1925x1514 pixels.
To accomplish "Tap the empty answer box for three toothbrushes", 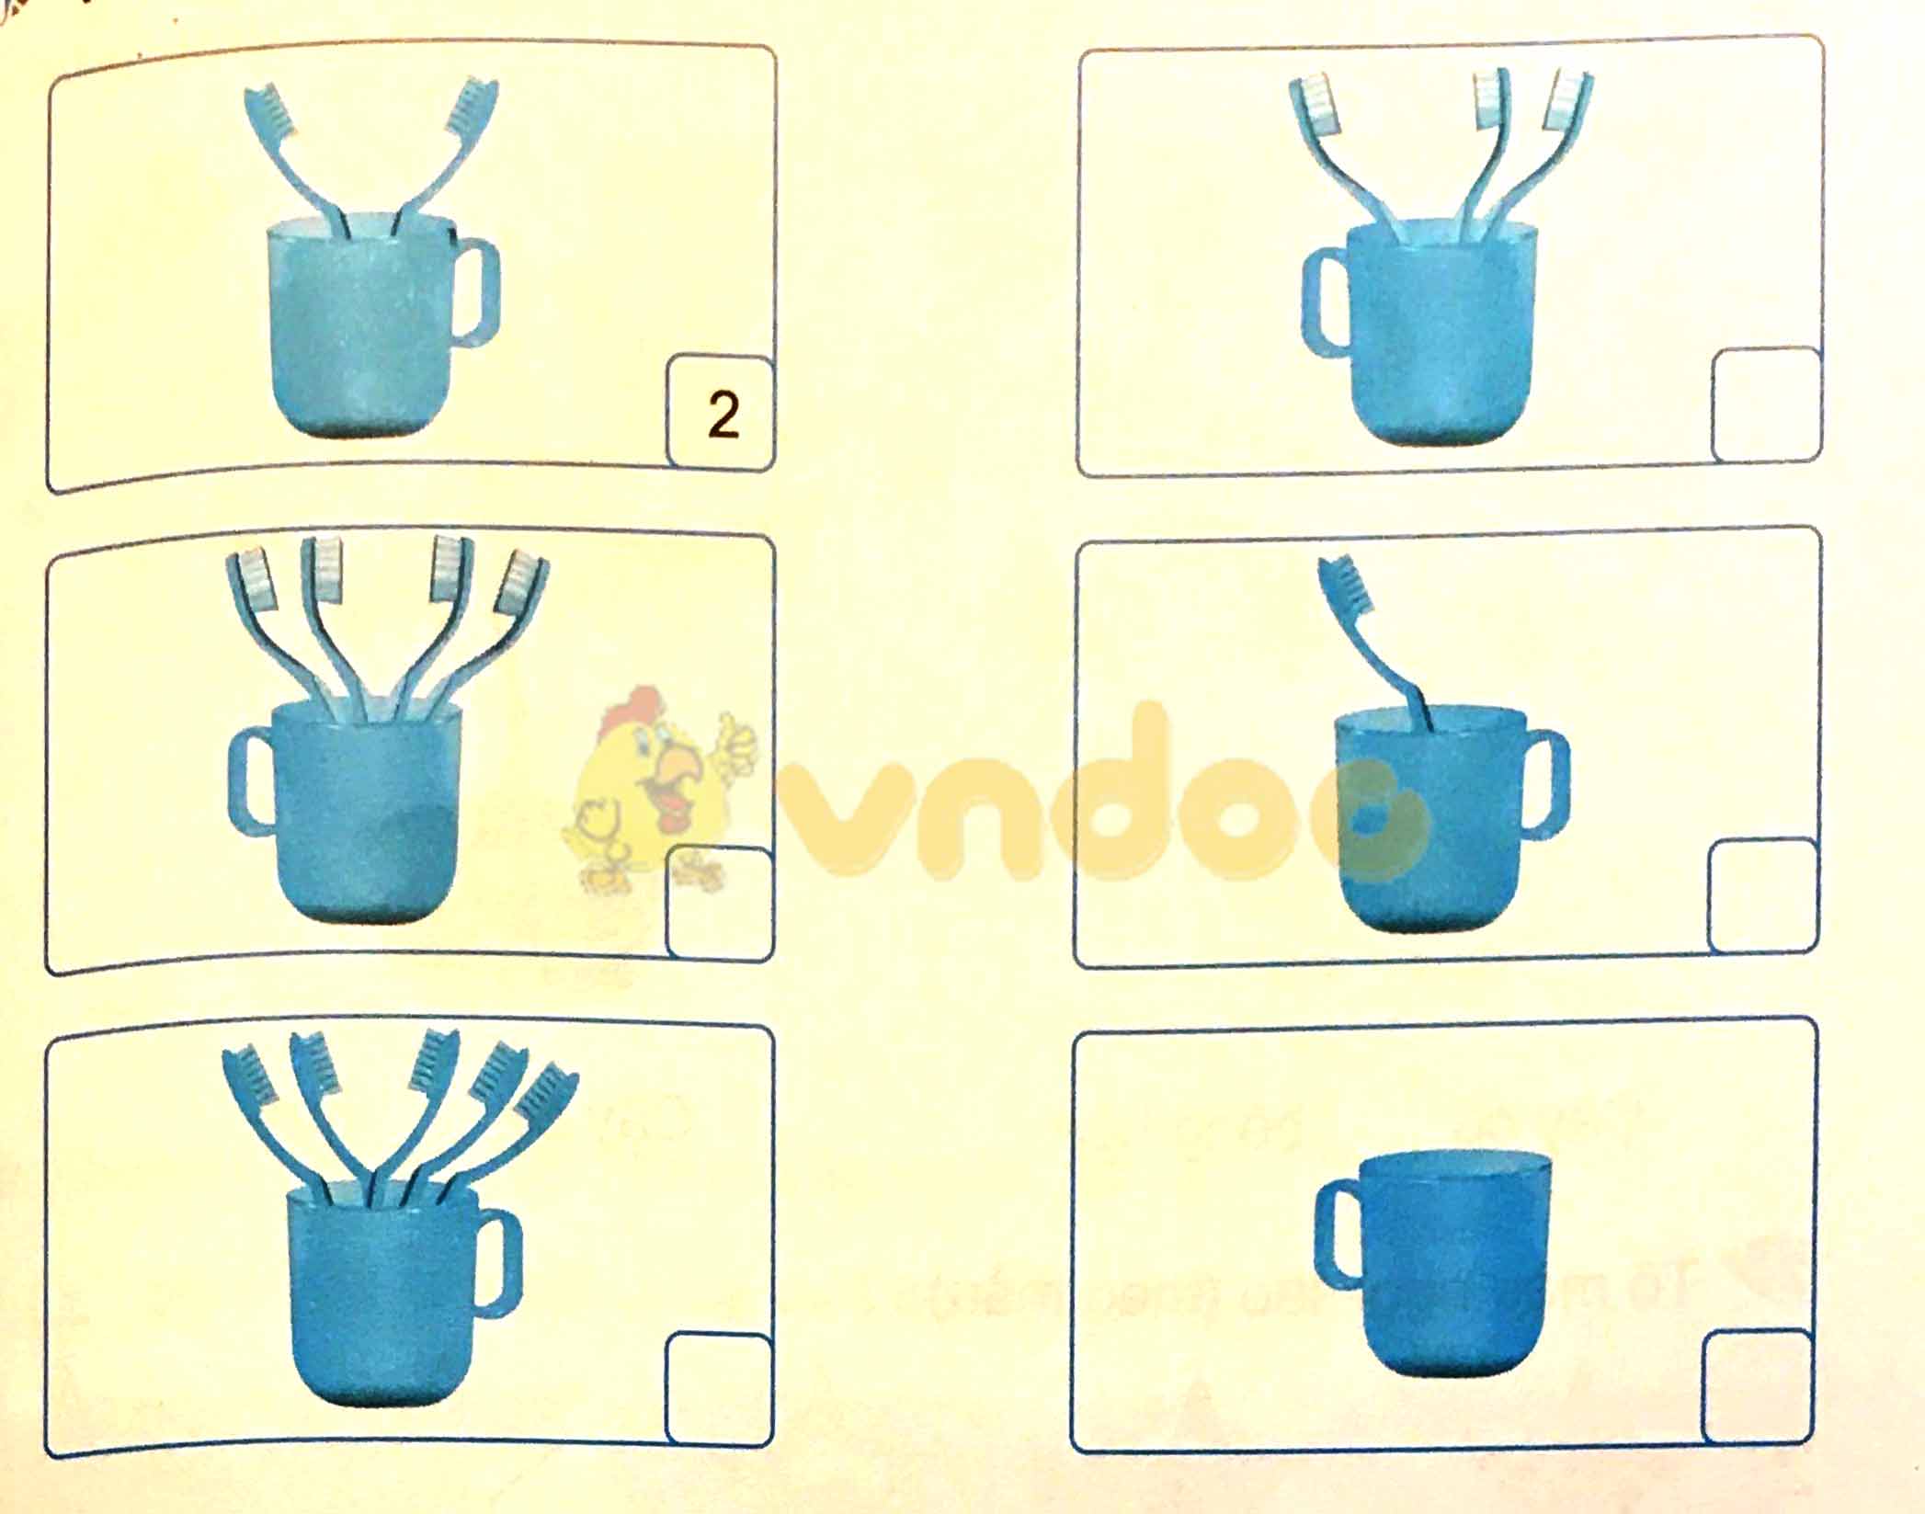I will [x=1766, y=404].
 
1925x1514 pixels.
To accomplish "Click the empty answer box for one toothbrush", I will [x=1763, y=896].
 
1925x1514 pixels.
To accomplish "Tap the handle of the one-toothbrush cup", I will [x=1546, y=784].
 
